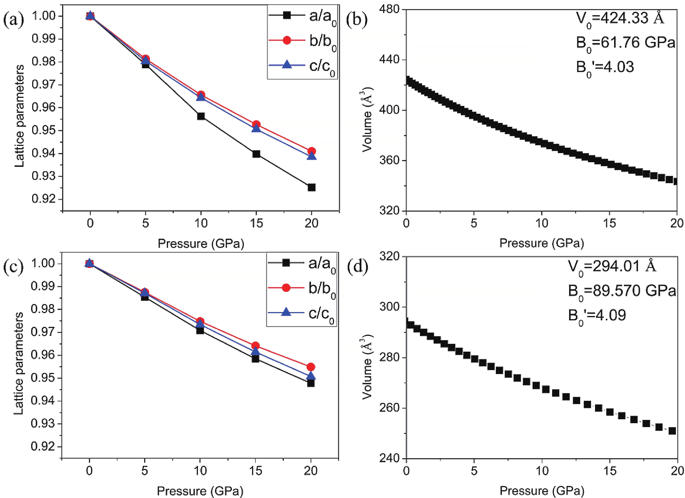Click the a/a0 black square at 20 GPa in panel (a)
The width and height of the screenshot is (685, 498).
311,187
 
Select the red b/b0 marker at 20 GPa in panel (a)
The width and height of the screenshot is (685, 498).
311,151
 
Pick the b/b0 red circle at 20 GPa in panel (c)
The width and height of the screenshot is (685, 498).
311,367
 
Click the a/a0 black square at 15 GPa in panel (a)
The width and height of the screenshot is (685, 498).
256,154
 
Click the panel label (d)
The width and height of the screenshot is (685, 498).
358,266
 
